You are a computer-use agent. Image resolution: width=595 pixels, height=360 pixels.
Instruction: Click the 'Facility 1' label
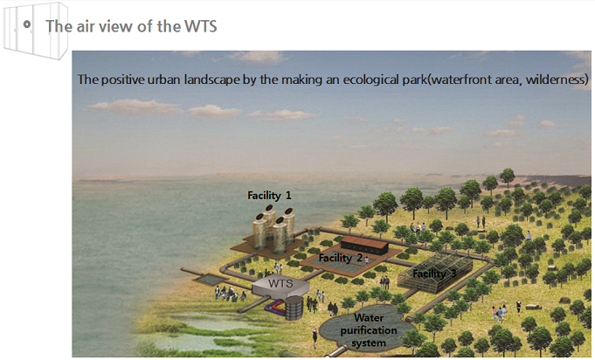(269, 196)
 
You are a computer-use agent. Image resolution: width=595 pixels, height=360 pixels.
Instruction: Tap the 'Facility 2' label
(341, 258)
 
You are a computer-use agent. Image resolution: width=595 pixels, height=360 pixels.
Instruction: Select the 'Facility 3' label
(434, 273)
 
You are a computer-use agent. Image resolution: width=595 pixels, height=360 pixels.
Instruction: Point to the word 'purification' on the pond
(369, 330)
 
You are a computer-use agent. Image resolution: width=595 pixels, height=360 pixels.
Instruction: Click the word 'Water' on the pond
(369, 317)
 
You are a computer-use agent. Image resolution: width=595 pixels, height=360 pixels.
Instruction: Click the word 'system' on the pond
(369, 343)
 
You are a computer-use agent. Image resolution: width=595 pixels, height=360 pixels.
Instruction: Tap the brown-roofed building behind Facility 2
(364, 245)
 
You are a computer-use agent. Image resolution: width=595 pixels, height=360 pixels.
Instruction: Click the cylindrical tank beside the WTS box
(294, 308)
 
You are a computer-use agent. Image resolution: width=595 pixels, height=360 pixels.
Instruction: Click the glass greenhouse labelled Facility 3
(435, 273)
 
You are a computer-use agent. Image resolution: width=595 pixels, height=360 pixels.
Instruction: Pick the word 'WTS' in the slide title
(201, 26)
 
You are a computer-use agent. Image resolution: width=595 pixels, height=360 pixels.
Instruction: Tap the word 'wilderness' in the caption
(555, 80)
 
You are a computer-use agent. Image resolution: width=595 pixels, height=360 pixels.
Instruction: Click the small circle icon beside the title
(26, 24)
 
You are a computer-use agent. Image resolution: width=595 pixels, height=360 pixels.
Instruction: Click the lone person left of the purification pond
(315, 337)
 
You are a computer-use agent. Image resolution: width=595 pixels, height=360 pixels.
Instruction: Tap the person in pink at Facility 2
(367, 260)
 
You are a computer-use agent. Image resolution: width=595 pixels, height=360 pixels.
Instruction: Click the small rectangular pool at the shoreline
(211, 280)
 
